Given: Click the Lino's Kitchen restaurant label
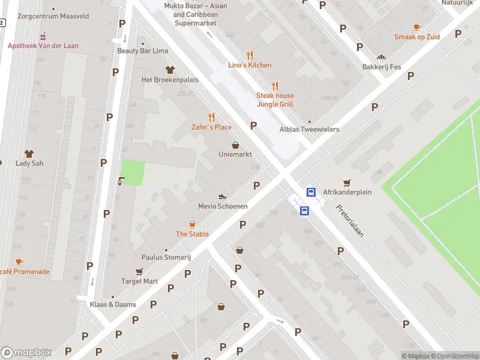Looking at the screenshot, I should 250,65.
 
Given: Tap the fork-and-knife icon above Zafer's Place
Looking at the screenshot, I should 211,117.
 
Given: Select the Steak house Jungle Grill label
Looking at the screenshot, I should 275,100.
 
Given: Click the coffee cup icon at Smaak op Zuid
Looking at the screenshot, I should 417,27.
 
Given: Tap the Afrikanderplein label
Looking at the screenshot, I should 347,192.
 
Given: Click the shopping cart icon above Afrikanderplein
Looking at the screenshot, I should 346,182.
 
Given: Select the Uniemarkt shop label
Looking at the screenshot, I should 235,154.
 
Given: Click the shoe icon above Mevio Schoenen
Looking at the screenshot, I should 223,196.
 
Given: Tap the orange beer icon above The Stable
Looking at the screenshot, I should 192,224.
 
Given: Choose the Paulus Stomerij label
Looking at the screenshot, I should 166,257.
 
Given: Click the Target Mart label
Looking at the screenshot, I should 139,281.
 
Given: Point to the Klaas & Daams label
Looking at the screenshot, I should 113,304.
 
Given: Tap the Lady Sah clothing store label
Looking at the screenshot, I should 29,163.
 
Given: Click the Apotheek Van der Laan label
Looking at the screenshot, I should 43,46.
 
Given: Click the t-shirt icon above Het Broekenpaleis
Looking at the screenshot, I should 169,70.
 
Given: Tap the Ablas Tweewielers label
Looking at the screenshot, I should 309,129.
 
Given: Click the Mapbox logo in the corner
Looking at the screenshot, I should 26,353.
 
